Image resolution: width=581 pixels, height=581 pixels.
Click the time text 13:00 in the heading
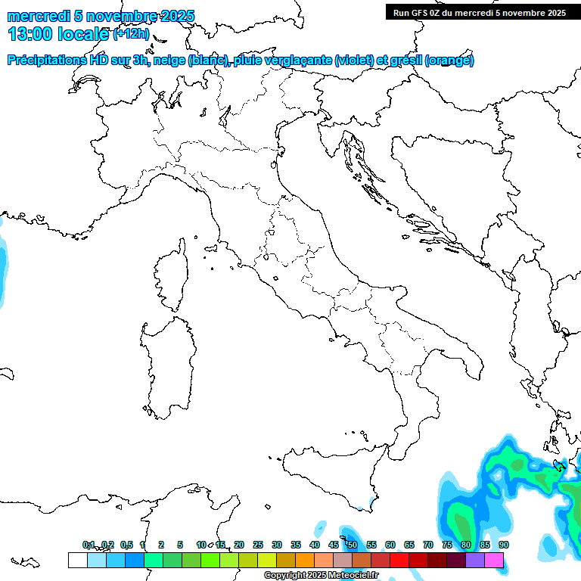coord(31,33)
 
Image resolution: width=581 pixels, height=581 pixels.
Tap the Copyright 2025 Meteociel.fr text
coord(321,576)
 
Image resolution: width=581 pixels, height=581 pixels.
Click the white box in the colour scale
coord(77,561)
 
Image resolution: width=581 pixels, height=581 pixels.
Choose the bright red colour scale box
coord(399,561)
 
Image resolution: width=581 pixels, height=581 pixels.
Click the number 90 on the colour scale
coord(504,545)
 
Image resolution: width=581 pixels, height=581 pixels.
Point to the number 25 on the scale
coord(258,545)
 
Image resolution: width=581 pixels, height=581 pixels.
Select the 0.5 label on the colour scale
coord(126,545)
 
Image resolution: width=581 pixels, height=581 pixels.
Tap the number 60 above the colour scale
coord(390,545)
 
